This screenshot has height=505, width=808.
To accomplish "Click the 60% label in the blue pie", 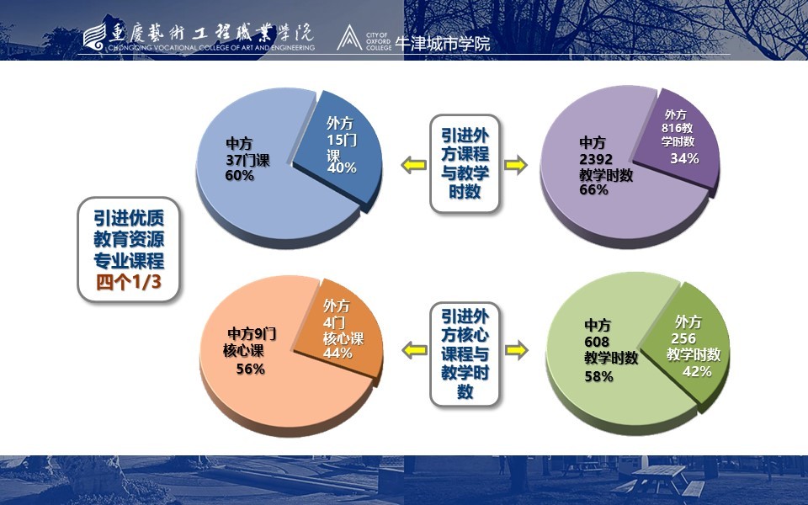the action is click(240, 176).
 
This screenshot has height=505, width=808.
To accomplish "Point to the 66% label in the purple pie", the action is click(593, 189).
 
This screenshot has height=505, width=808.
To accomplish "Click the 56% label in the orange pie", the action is click(251, 369).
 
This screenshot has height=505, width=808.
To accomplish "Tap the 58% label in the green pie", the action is click(598, 377).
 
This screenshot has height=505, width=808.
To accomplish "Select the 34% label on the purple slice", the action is click(684, 158).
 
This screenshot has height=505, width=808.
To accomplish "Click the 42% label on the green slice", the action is click(697, 371).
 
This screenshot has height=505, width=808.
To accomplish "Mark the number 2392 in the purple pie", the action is click(596, 159).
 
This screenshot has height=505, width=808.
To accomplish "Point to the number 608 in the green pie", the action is click(597, 342).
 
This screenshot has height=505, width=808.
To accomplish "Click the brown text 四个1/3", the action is click(129, 282).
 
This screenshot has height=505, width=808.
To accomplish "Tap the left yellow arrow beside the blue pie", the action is click(414, 165).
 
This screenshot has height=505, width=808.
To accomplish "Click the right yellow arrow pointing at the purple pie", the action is click(515, 165).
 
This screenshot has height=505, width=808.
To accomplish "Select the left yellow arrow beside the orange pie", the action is click(414, 350).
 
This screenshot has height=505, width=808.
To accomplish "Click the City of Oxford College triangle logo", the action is click(349, 38).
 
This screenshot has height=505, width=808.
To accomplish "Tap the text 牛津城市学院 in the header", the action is click(442, 43).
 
